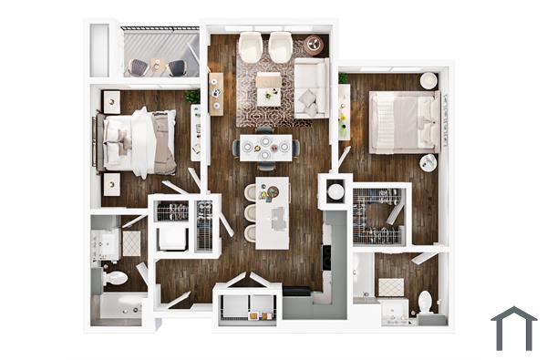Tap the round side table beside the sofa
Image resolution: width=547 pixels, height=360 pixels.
[314, 44]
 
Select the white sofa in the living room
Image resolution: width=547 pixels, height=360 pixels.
[311, 87]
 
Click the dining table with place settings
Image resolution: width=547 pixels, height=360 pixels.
[265, 147]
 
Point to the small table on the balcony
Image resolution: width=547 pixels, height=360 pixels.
[156, 66]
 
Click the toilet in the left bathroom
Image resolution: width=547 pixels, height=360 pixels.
[115, 277]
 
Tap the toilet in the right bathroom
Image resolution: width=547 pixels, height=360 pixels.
[425, 302]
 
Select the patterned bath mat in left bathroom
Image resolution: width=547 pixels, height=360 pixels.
[131, 242]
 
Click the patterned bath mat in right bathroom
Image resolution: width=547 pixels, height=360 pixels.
[391, 287]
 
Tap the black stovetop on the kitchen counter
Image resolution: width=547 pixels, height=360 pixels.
[327, 257]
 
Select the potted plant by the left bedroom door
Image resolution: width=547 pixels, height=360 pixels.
[192, 96]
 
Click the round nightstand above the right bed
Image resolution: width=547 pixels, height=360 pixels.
[428, 81]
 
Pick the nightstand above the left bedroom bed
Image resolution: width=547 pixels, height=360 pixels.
[110, 100]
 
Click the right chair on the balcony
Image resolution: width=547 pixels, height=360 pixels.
[177, 67]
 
